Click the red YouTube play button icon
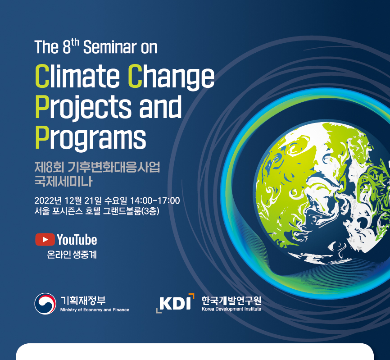coord(45,239)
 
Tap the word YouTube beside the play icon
coord(77,240)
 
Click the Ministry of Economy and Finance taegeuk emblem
coord(45,304)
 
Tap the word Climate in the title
coord(77,76)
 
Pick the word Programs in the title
coord(91,137)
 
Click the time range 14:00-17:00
coord(155,201)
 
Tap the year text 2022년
coord(48,201)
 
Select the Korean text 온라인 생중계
coord(72,255)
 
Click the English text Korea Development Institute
coord(231,309)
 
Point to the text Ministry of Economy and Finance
coord(95,310)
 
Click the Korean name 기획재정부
coord(83,301)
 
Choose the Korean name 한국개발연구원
coord(231,301)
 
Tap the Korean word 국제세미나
coord(63,181)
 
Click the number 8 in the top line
coord(67,47)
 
